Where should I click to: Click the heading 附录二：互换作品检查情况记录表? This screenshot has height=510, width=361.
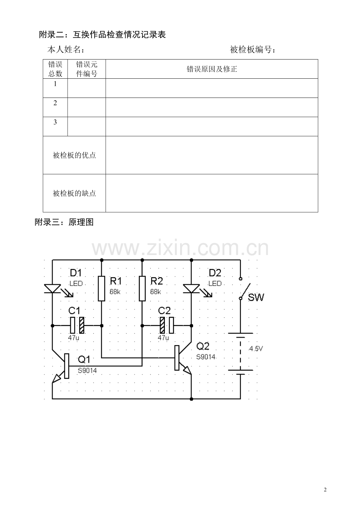[102, 34]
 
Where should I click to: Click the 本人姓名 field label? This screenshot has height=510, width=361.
[66, 50]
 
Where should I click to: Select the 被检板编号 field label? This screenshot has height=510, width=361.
[252, 50]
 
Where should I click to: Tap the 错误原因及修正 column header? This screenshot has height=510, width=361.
[212, 69]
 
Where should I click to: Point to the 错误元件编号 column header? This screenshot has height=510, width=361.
[87, 69]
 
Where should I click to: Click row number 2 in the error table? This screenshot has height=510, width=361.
[55, 103]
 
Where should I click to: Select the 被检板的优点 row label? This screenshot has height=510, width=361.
[75, 155]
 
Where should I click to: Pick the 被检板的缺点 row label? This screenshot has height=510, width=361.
[75, 193]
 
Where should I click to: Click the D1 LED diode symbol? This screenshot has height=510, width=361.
[52, 289]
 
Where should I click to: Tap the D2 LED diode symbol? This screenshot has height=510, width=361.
[191, 289]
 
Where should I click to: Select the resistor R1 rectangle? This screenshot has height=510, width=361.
[102, 288]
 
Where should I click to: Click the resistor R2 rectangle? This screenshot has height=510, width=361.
[142, 288]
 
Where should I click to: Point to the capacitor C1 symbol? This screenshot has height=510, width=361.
[77, 325]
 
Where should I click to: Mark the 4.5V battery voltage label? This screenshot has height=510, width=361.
[255, 349]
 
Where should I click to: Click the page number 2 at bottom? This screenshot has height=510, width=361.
[325, 490]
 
